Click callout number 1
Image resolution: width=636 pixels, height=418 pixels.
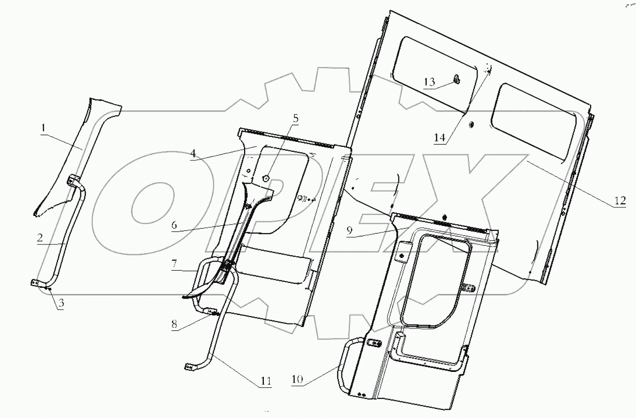tap(43, 128)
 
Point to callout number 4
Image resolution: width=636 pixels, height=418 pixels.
tap(193, 153)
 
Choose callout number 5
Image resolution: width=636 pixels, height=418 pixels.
tap(295, 119)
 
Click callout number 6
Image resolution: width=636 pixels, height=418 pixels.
tap(174, 225)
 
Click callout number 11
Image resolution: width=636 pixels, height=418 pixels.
tap(266, 381)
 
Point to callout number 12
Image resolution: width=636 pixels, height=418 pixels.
tap(620, 200)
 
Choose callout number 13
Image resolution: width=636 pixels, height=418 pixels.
tap(429, 82)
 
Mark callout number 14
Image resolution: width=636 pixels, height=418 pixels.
tap(439, 138)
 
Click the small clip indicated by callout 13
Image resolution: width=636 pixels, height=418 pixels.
tap(456, 80)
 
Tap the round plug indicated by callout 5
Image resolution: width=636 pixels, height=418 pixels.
tap(266, 178)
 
